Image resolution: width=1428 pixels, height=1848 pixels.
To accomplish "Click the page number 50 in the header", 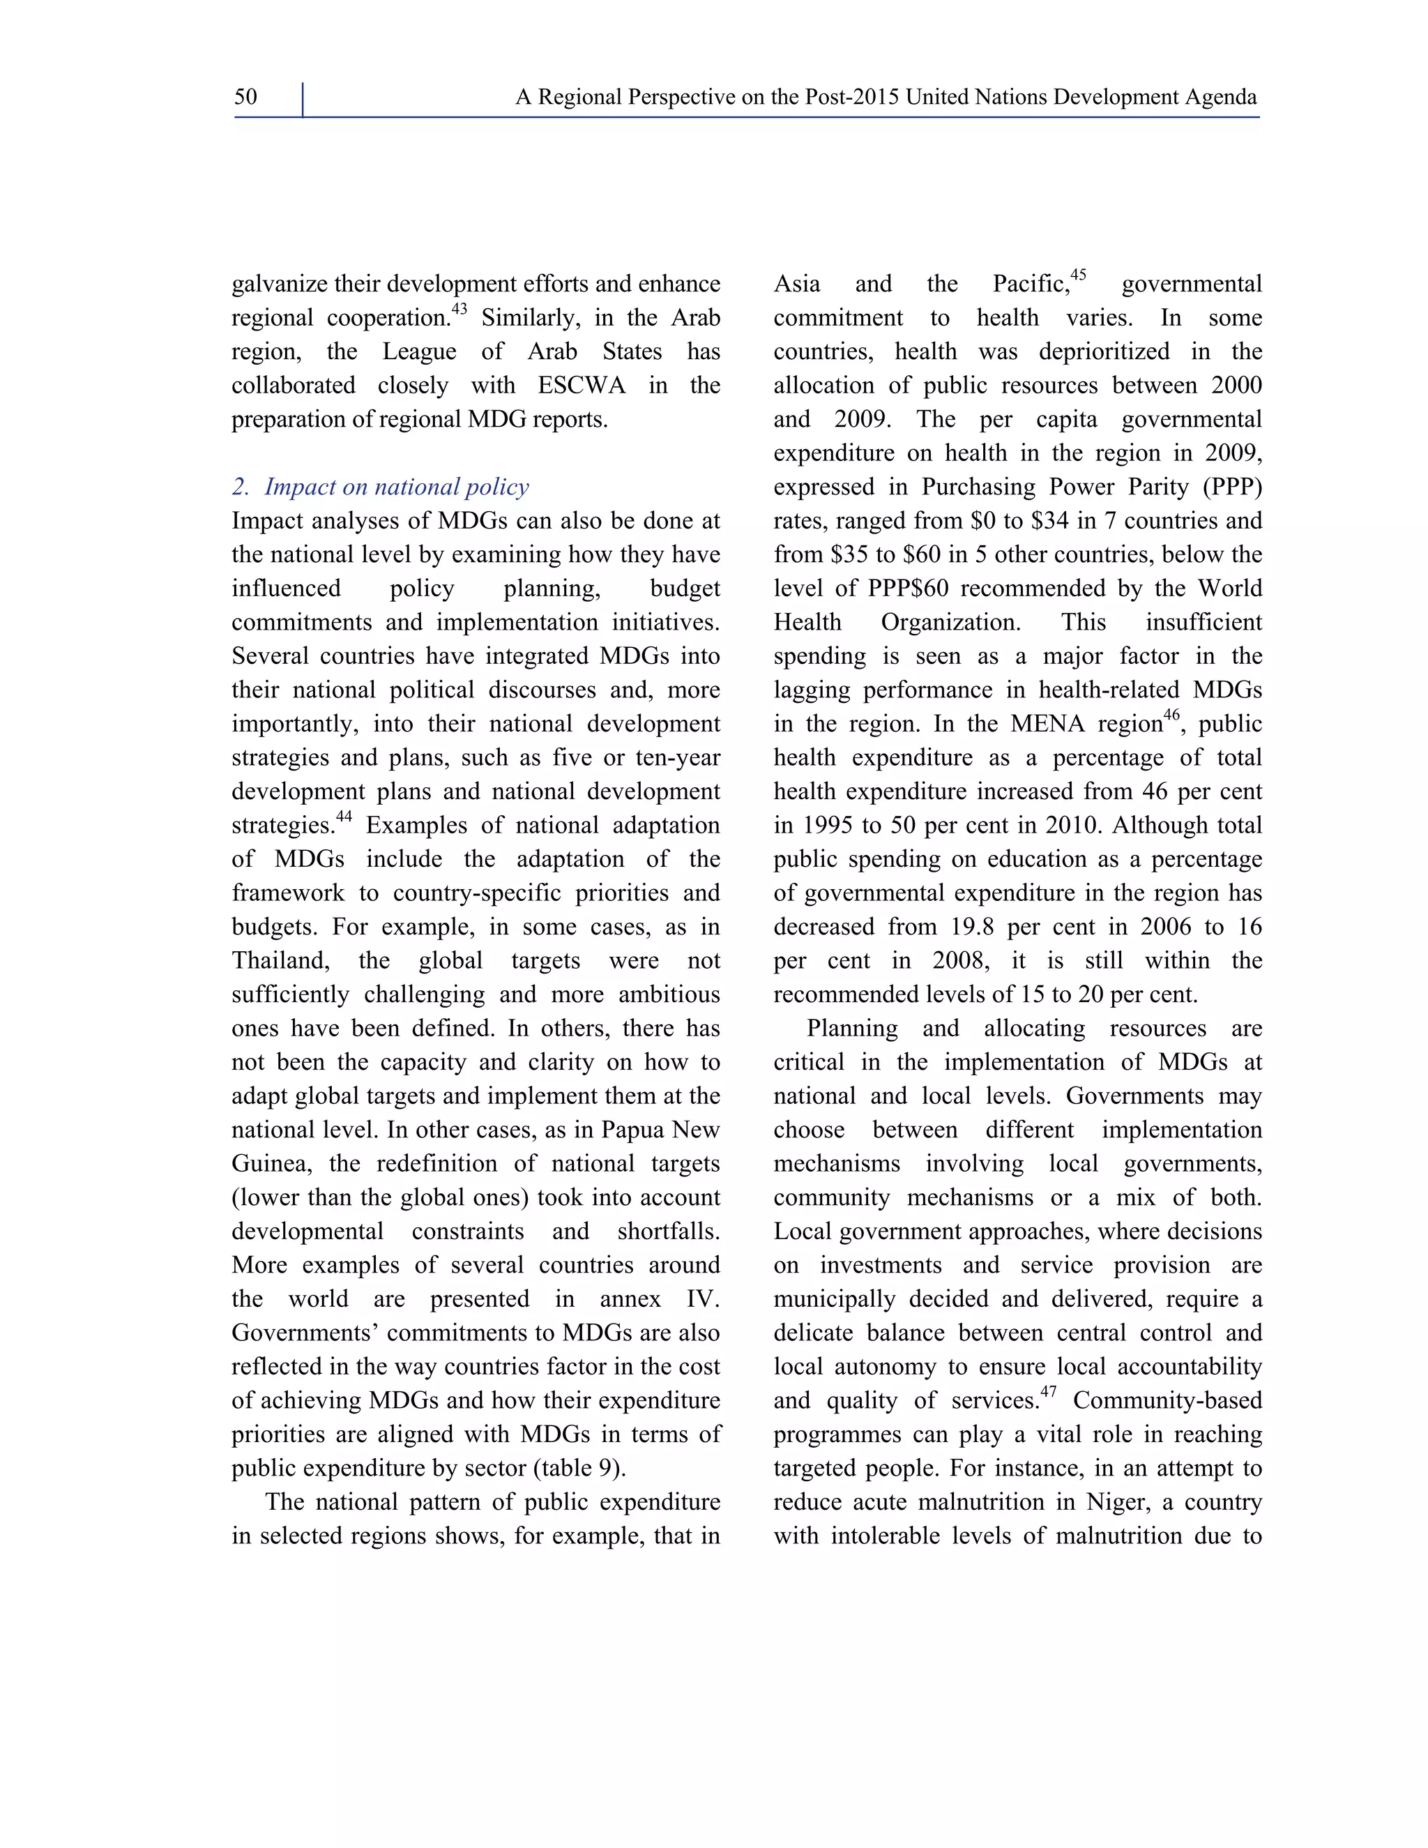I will pos(245,98).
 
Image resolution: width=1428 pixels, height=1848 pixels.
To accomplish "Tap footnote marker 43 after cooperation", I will pos(459,310).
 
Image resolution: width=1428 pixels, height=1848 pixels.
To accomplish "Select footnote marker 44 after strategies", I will pos(344,817).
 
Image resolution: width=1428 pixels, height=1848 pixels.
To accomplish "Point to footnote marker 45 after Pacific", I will pos(1078,276).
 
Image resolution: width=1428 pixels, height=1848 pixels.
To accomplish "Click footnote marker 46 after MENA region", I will pos(1171,716).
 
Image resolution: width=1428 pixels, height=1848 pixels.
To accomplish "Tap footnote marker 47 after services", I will pos(1048,1393).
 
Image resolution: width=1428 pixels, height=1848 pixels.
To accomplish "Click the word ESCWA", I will pos(582,386).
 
